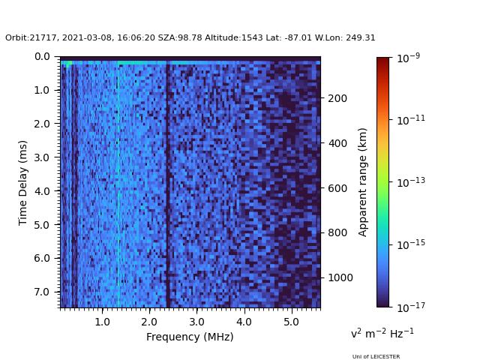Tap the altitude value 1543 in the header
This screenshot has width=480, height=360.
point(252,37)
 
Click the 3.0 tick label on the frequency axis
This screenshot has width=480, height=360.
point(196,322)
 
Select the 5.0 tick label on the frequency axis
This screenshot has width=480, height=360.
point(291,322)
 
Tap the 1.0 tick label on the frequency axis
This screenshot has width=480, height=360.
point(102,322)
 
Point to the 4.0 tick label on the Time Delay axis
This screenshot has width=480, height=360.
point(42,191)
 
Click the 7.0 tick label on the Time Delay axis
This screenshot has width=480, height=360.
point(42,292)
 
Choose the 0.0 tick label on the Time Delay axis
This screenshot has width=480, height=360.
point(42,57)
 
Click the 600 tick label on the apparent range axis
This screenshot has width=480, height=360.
point(337,188)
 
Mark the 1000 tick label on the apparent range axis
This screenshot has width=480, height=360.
point(340,277)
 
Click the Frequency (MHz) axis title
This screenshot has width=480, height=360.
point(190,337)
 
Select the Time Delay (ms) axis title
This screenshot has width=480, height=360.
point(22,183)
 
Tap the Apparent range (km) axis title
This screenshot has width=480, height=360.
point(362,182)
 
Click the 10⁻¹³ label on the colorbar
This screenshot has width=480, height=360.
point(411,181)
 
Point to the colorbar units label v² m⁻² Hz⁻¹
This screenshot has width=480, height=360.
point(382,333)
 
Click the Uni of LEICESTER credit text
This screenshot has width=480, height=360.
point(376,356)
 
